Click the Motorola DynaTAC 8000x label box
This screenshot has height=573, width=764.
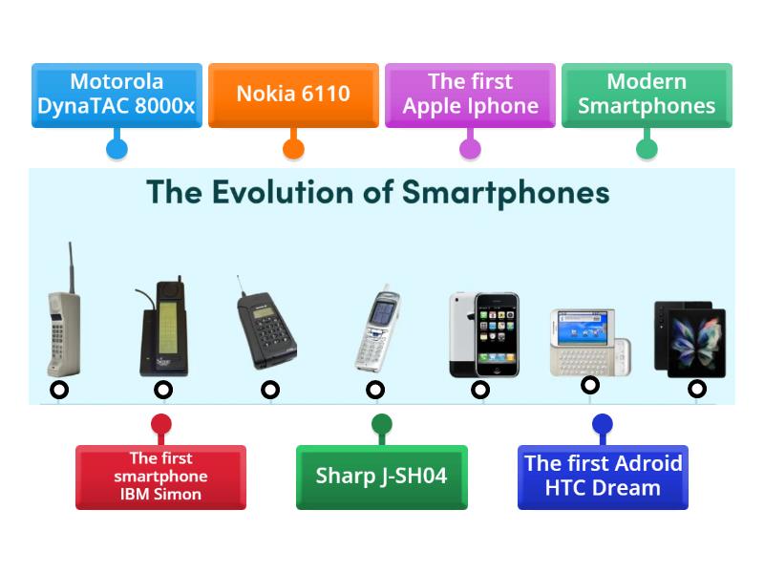[116, 95]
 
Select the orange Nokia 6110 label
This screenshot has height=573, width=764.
[293, 95]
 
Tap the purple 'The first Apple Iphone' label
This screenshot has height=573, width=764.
[470, 95]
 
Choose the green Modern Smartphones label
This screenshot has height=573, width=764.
[647, 95]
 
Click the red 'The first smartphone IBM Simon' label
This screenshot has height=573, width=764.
[160, 476]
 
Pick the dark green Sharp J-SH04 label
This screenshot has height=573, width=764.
[381, 476]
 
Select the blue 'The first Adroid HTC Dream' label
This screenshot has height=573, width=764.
[603, 476]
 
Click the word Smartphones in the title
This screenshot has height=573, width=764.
[505, 192]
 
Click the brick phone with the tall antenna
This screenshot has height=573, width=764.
[63, 320]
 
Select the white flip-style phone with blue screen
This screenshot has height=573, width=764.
[376, 329]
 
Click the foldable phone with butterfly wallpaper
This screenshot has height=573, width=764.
[690, 338]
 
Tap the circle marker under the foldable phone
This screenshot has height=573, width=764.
[697, 389]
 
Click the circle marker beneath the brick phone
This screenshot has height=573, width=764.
[59, 390]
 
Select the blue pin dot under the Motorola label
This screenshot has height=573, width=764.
[117, 148]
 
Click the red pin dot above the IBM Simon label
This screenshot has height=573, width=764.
[160, 424]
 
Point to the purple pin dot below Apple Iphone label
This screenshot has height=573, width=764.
[470, 148]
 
